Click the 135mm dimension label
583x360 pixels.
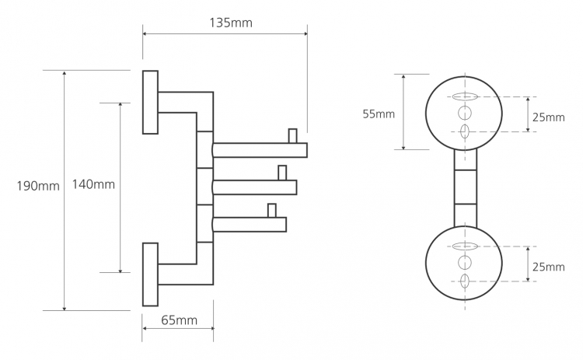click(x=231, y=23)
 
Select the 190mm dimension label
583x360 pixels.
click(x=38, y=186)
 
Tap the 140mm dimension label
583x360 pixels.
click(x=93, y=184)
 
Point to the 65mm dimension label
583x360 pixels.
click(x=180, y=320)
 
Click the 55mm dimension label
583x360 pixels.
click(x=379, y=114)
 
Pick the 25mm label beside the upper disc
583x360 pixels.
click(x=549, y=117)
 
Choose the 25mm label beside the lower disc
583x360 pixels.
click(x=549, y=267)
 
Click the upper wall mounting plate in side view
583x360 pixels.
click(x=150, y=102)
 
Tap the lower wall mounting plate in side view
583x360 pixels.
click(x=150, y=274)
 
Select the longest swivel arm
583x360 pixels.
click(x=260, y=150)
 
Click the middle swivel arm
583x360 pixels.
click(x=255, y=187)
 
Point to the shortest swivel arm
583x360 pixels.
click(x=250, y=225)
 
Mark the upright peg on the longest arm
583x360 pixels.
click(x=292, y=136)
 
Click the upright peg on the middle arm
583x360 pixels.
click(x=282, y=173)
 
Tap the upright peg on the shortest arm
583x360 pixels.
click(x=272, y=211)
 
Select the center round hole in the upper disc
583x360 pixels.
click(x=464, y=113)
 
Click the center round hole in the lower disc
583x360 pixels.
click(x=464, y=263)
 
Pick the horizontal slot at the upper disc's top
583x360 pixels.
click(x=464, y=96)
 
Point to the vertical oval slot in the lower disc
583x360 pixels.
click(x=464, y=281)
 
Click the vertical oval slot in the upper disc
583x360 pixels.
click(x=464, y=131)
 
